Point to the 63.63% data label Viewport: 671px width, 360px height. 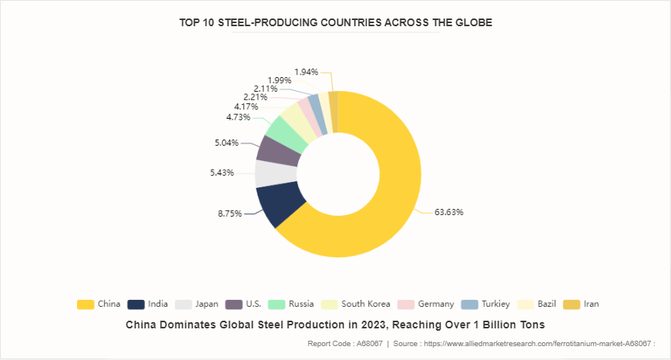coord(450,212)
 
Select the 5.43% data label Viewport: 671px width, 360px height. coord(223,173)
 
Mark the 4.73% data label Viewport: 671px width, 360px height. coord(238,117)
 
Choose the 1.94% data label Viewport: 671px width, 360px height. coord(305,72)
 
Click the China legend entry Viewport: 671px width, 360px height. coord(99,304)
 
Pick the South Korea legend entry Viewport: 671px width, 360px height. coord(356,304)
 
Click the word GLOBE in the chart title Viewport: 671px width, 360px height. coord(474,23)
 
